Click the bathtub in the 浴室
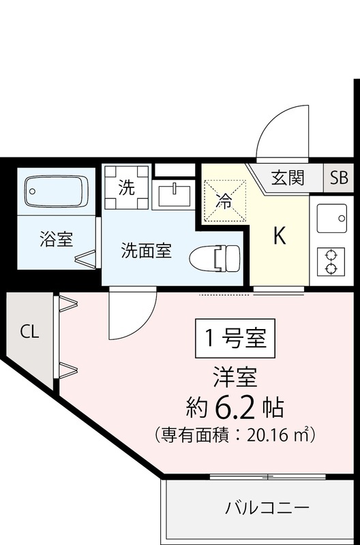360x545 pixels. (x=57, y=191)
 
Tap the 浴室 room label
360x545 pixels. (x=57, y=239)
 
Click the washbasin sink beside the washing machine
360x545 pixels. (x=174, y=195)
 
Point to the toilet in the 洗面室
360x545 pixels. (x=214, y=258)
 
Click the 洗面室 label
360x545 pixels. (x=146, y=251)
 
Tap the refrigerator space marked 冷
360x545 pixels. (x=224, y=201)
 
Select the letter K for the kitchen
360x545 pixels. (x=279, y=236)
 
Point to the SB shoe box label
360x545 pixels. (x=338, y=178)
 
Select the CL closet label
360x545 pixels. (x=29, y=332)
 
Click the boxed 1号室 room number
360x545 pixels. (x=235, y=337)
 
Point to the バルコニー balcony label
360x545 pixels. (x=267, y=508)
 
